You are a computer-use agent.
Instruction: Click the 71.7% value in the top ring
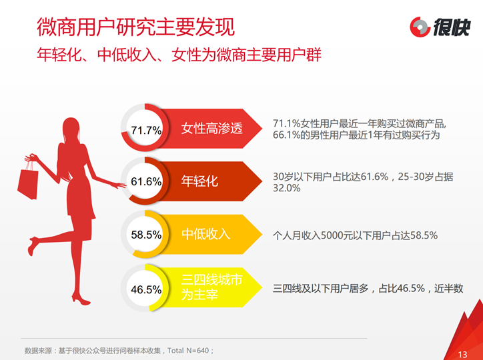tap(146, 130)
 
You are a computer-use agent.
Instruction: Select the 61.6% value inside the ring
tap(146, 181)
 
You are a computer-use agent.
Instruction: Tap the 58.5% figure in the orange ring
tap(146, 235)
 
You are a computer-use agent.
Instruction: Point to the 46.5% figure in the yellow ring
tap(146, 289)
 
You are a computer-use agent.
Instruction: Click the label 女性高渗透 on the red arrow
tap(212, 128)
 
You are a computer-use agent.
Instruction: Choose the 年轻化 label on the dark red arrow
tap(199, 181)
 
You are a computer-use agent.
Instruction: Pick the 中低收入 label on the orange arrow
tap(205, 234)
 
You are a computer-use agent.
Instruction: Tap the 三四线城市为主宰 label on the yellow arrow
tap(212, 287)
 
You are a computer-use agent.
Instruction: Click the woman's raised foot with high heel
tap(33, 245)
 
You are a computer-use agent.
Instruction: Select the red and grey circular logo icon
tap(420, 27)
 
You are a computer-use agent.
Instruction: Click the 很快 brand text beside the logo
tap(452, 27)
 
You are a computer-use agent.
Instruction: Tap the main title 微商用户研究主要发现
tap(136, 27)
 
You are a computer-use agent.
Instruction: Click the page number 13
tap(462, 355)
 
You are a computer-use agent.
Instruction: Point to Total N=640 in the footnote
tap(189, 351)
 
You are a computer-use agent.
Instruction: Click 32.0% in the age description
tap(286, 188)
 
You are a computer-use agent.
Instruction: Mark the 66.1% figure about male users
tap(286, 135)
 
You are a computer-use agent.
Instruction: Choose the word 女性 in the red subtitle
tap(186, 55)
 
